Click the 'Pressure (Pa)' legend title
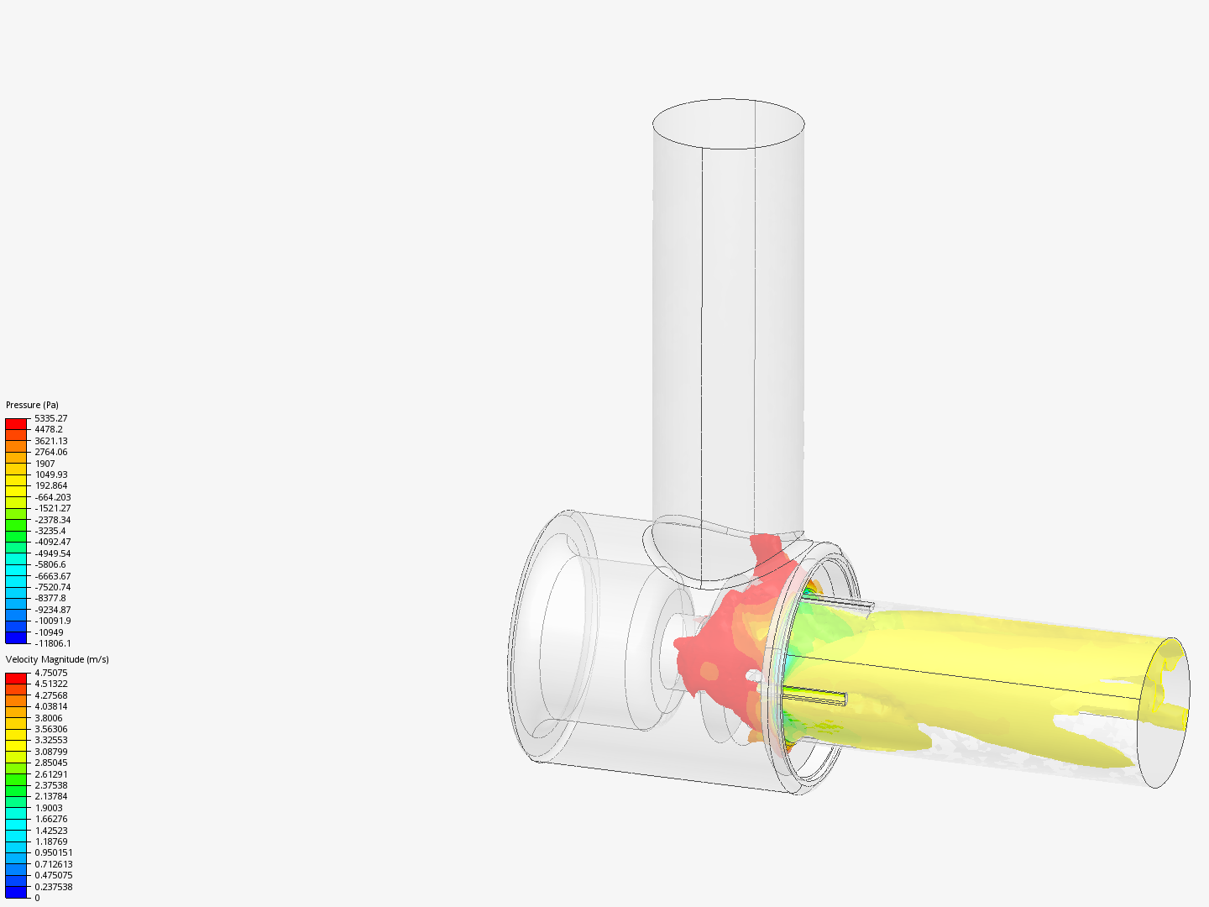[32, 405]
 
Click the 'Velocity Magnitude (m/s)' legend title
[57, 659]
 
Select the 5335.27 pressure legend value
[50, 418]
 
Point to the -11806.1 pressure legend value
[52, 643]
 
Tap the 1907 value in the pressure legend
[44, 464]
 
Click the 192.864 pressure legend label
[50, 485]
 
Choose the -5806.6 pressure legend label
[50, 564]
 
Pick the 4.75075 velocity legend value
[50, 673]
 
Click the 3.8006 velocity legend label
[48, 718]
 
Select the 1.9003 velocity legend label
[48, 808]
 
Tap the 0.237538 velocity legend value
[53, 887]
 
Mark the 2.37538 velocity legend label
[50, 785]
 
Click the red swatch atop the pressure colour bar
[16, 424]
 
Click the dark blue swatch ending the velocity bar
[16, 892]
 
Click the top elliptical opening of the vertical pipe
[728, 123]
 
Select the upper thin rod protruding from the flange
[840, 604]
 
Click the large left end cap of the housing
[546, 638]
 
